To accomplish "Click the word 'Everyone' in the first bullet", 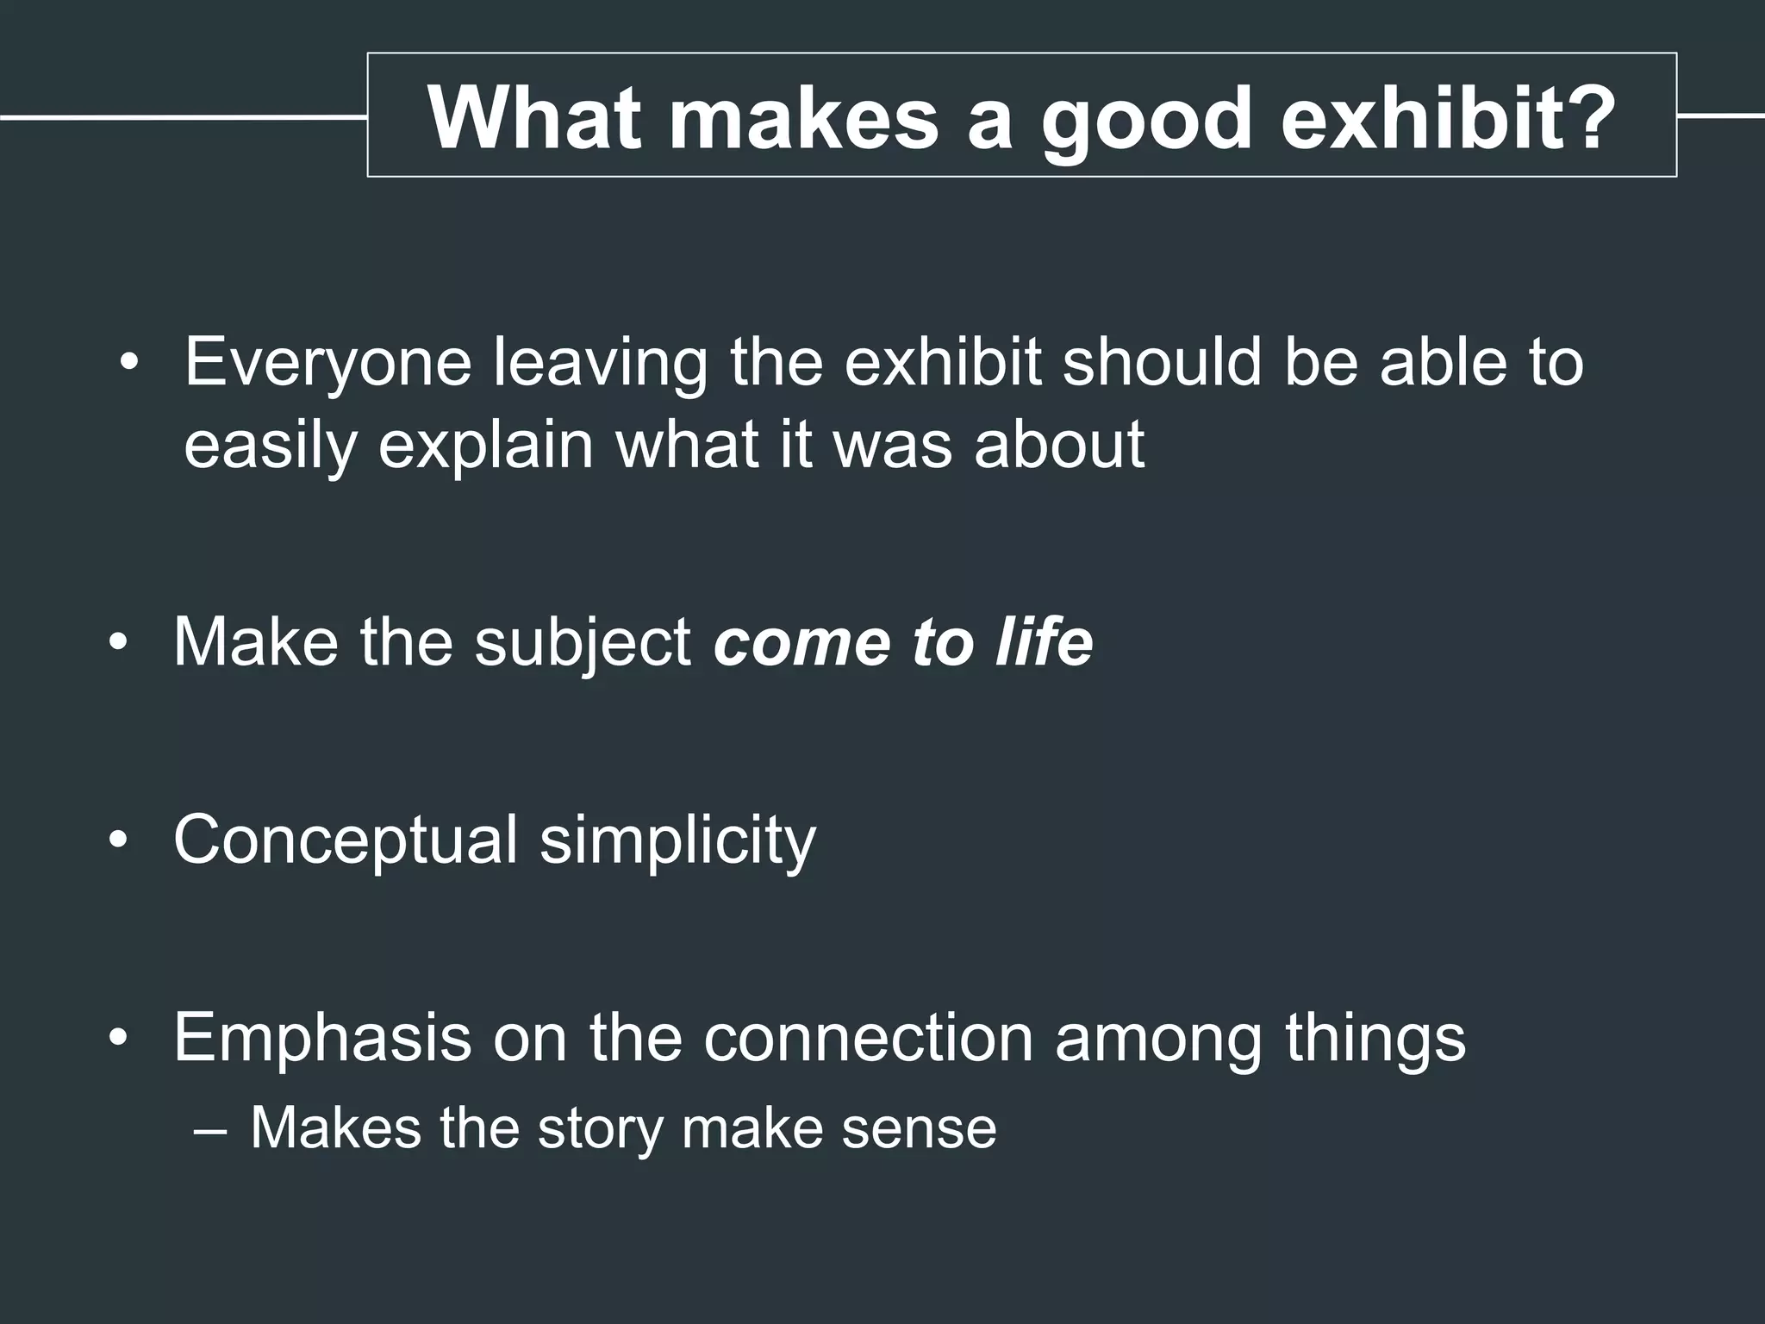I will pyautogui.click(x=327, y=364).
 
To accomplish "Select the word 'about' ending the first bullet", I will pyautogui.click(x=1059, y=445).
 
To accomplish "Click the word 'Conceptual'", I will pyautogui.click(x=346, y=840).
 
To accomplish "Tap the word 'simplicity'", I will pyautogui.click(x=677, y=840).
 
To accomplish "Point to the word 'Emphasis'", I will pyautogui.click(x=322, y=1038).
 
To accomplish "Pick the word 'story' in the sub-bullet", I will pyautogui.click(x=600, y=1128).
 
